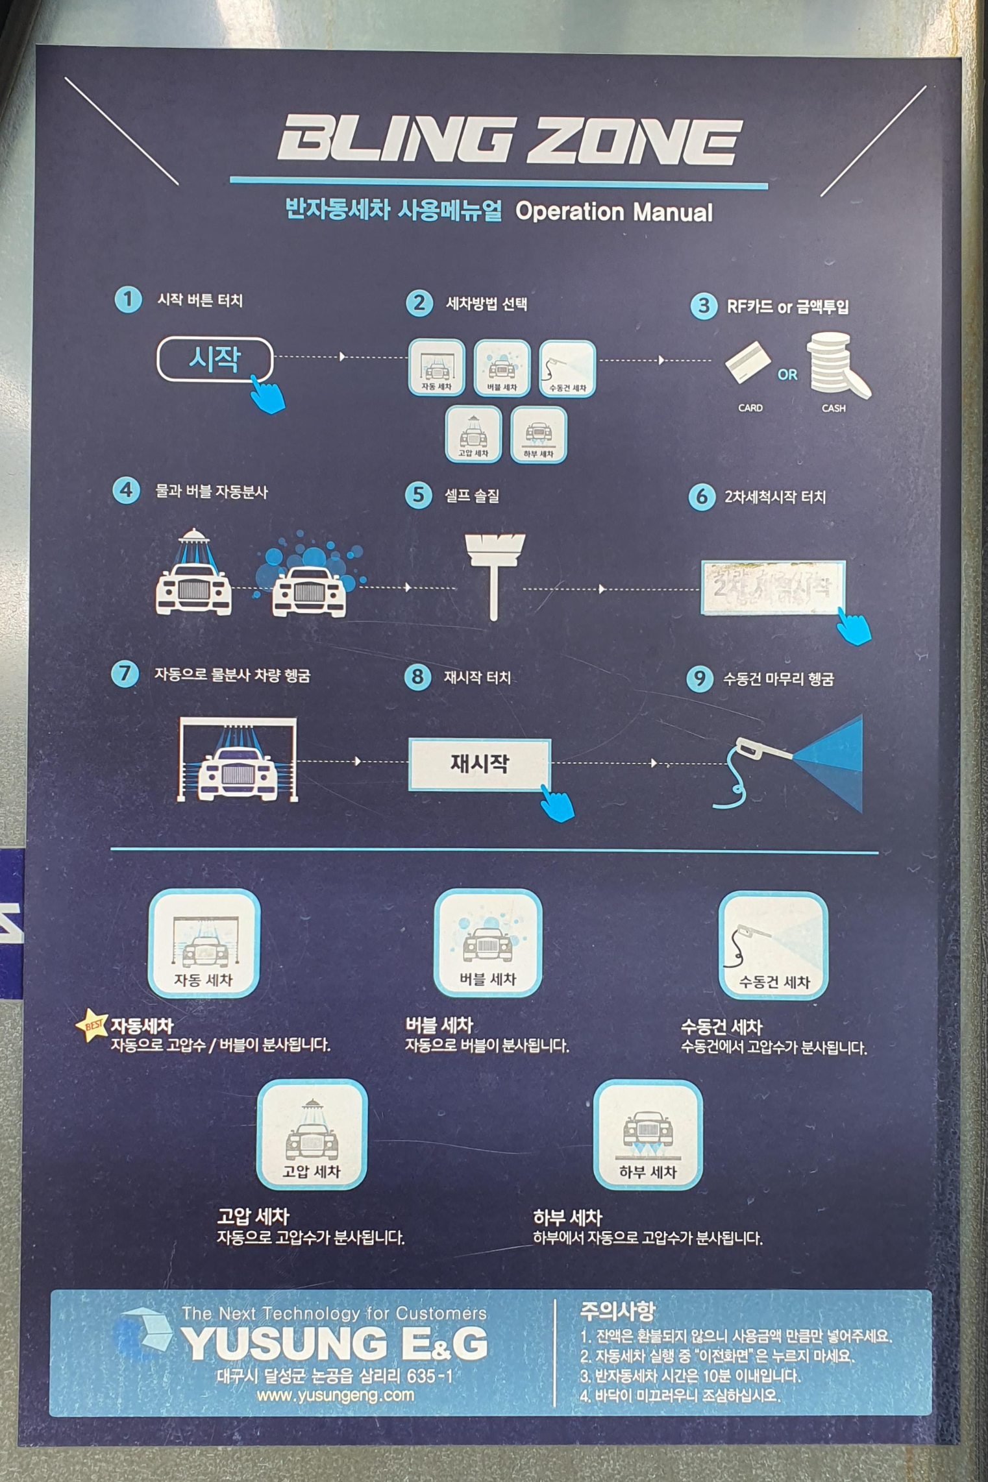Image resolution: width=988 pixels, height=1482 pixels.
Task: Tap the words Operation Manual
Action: click(613, 212)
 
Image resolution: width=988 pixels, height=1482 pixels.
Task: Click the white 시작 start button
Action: click(214, 359)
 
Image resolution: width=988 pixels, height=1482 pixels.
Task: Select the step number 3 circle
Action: click(703, 306)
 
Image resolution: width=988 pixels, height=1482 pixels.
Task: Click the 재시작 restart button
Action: click(479, 764)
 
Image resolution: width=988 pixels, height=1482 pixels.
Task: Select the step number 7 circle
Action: click(125, 674)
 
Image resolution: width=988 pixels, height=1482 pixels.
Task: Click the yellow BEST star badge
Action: click(92, 1026)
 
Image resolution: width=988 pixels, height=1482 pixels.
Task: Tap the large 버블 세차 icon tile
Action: click(488, 943)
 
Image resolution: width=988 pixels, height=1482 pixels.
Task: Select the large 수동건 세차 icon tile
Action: click(772, 945)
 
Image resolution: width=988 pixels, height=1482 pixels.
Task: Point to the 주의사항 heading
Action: click(617, 1312)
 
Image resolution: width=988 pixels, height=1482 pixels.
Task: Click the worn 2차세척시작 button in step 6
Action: click(772, 587)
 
